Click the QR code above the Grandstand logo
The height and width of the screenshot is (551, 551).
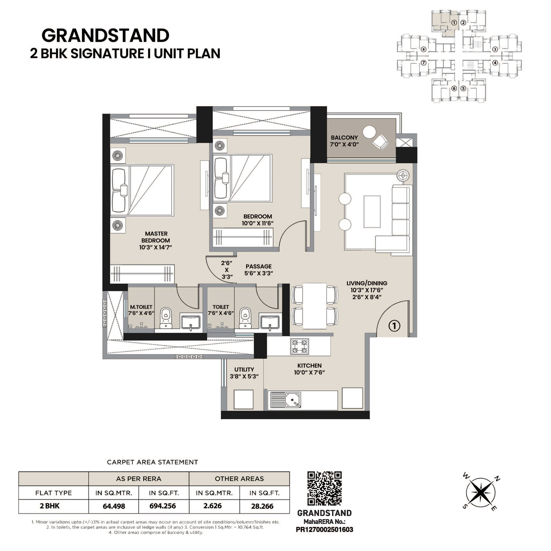pyautogui.click(x=324, y=489)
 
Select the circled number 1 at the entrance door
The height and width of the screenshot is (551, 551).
pyautogui.click(x=394, y=326)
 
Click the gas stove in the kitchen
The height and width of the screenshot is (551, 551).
pyautogui.click(x=299, y=346)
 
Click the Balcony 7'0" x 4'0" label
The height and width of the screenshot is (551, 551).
pyautogui.click(x=344, y=141)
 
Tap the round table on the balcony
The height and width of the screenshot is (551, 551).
pyautogui.click(x=369, y=132)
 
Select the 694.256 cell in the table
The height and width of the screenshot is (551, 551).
pyautogui.click(x=163, y=506)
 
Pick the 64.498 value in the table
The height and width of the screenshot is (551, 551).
pyautogui.click(x=114, y=506)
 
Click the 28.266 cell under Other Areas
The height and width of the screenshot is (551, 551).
pyautogui.click(x=262, y=506)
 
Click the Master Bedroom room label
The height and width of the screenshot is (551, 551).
pyautogui.click(x=156, y=240)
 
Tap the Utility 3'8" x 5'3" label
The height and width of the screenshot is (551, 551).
pyautogui.click(x=244, y=373)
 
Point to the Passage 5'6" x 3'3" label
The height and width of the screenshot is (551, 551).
pyautogui.click(x=259, y=270)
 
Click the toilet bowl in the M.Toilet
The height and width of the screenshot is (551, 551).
pyautogui.click(x=166, y=318)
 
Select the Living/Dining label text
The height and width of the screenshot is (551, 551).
pyautogui.click(x=367, y=283)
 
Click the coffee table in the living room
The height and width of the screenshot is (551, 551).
pyautogui.click(x=372, y=212)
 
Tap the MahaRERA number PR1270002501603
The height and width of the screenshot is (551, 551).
pyautogui.click(x=324, y=529)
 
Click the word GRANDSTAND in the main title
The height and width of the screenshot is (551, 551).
pyautogui.click(x=105, y=36)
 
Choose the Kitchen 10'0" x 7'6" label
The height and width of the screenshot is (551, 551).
pyautogui.click(x=309, y=369)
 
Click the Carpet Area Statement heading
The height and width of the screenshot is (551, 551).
pyautogui.click(x=152, y=462)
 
